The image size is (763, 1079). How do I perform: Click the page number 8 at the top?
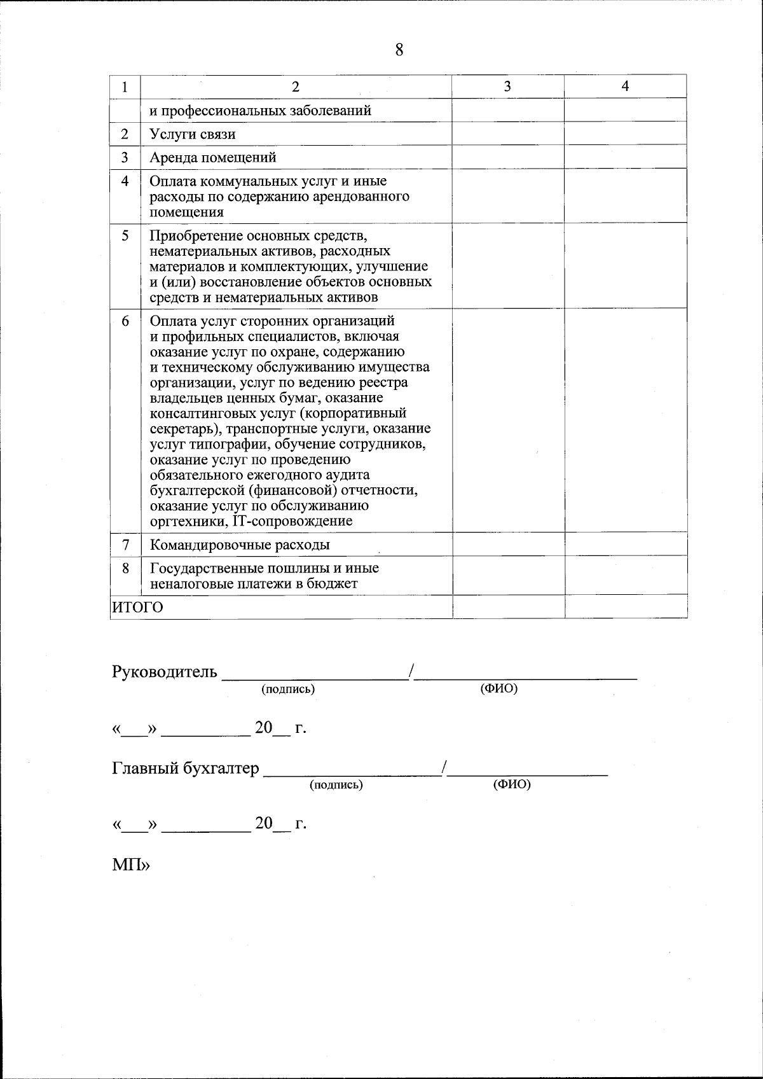point(399,50)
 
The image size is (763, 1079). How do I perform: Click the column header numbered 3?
point(507,87)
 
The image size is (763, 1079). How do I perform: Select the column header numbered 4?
point(625,87)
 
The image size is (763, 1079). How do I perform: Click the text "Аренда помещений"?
point(212,157)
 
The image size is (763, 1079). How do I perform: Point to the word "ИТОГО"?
point(137,607)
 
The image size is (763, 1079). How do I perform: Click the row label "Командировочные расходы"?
point(240,545)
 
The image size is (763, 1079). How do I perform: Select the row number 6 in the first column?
point(125,321)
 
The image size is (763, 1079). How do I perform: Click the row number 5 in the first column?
point(125,235)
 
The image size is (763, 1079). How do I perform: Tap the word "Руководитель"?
point(164,672)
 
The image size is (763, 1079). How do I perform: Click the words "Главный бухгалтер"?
point(185,769)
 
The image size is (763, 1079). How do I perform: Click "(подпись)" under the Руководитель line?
point(288,689)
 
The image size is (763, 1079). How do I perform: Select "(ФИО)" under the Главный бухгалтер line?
point(511,784)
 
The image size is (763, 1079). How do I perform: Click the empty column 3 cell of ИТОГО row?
point(508,606)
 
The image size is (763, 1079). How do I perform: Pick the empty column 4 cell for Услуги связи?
point(625,134)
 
